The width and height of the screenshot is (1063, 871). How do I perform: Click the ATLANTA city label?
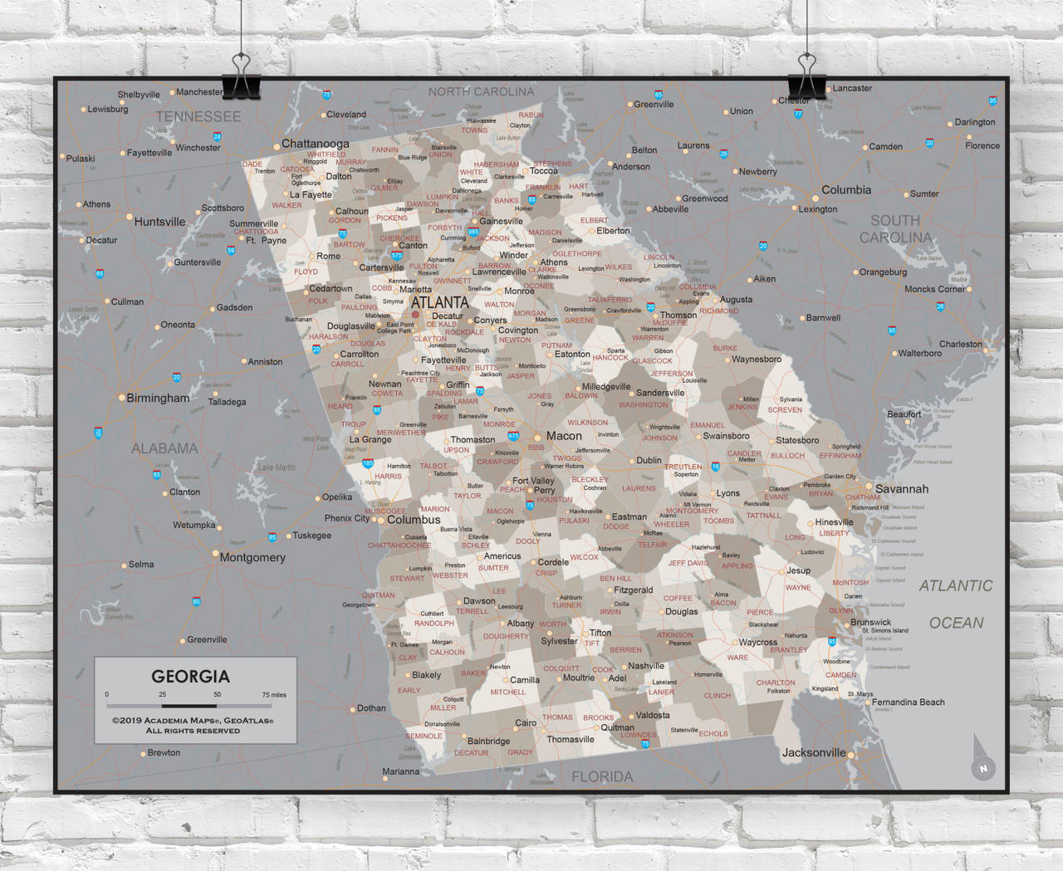pos(439,302)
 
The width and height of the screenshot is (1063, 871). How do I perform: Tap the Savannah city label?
pos(901,489)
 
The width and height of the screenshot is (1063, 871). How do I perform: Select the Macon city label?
pos(564,436)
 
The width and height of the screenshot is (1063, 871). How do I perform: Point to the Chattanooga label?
pos(315,144)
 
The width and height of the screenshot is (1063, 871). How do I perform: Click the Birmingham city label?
pos(158,398)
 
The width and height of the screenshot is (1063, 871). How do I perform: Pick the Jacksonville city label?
pos(814,753)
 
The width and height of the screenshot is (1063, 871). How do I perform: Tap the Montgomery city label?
pos(252,557)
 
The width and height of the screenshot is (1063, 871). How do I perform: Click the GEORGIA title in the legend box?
pos(190,676)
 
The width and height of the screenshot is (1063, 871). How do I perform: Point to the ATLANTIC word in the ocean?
pos(955,586)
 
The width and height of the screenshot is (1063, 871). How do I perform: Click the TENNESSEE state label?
pos(198,117)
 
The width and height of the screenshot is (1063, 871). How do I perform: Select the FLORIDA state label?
pos(602,777)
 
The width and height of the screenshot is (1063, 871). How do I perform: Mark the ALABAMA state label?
pos(164,448)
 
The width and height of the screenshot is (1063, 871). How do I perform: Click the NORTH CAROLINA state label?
pos(481,91)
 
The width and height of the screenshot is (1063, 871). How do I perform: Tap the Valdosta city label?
pos(652,715)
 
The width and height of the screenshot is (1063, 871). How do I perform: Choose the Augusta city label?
pos(736,300)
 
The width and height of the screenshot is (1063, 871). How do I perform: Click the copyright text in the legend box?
pos(193,726)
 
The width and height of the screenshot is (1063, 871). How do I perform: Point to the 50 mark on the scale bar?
pos(217,694)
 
